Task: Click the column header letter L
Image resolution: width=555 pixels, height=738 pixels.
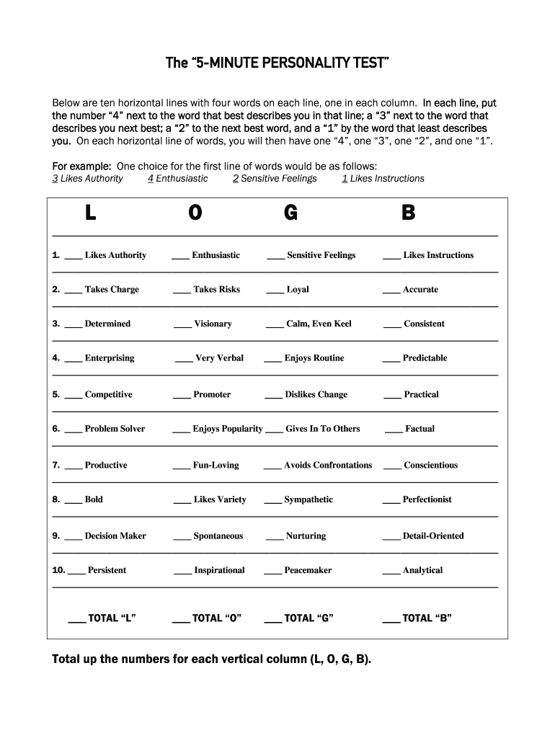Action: [91, 213]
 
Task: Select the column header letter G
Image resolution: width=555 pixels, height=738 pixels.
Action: [290, 213]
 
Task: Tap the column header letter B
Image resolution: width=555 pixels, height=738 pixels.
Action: [408, 213]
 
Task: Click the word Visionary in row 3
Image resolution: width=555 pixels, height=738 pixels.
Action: [213, 324]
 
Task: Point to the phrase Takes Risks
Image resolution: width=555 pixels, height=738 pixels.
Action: [216, 290]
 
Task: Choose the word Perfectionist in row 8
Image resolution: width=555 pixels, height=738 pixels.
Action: [427, 499]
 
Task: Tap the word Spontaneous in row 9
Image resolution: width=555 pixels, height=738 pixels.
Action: [218, 536]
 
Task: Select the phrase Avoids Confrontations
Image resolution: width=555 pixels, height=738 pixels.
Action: [328, 466]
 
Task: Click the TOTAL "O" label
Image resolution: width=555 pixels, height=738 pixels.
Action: [216, 618]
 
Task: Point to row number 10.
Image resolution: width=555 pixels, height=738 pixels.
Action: [58, 570]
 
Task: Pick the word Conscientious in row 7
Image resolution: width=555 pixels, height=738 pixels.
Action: [430, 466]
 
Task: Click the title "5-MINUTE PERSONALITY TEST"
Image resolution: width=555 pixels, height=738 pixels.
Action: [277, 63]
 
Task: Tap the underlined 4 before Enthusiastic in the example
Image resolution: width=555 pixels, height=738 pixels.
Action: [150, 179]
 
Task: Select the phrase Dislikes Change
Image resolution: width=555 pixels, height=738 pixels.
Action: [316, 395]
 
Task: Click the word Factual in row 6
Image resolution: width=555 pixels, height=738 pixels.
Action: [419, 429]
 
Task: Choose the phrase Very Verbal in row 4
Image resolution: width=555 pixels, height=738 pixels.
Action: [219, 358]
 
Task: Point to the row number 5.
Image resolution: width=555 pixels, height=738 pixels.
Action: [55, 394]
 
